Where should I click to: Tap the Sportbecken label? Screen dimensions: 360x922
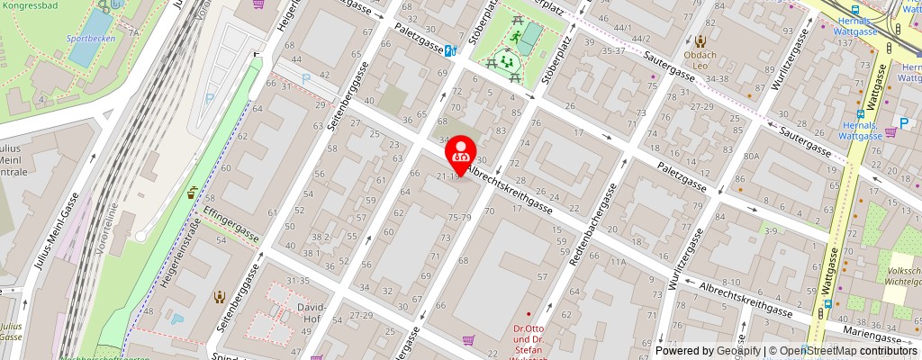pyautogui.click(x=88, y=40)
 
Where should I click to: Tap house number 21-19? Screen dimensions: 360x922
pyautogui.click(x=448, y=175)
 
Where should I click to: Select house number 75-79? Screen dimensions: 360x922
pyautogui.click(x=460, y=217)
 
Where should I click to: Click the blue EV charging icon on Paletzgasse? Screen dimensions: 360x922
pyautogui.click(x=449, y=51)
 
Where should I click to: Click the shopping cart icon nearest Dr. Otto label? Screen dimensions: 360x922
pyautogui.click(x=468, y=340)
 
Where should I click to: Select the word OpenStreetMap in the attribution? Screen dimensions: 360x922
pyautogui.click(x=818, y=351)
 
